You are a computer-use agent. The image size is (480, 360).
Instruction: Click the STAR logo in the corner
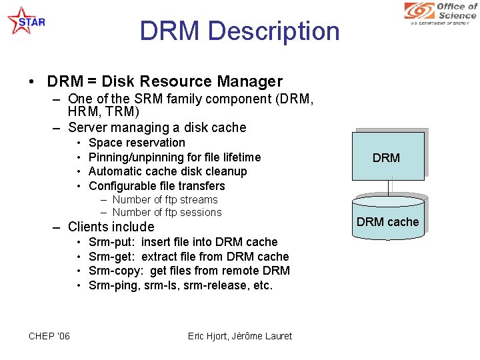[25, 21]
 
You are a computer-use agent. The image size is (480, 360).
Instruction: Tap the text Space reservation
[137, 143]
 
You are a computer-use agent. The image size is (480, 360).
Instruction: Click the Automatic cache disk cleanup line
[167, 171]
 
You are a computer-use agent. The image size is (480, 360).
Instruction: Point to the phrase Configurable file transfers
[157, 186]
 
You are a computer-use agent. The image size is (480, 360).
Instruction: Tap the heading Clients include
[111, 227]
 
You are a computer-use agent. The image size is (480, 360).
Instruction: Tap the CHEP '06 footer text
[49, 336]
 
